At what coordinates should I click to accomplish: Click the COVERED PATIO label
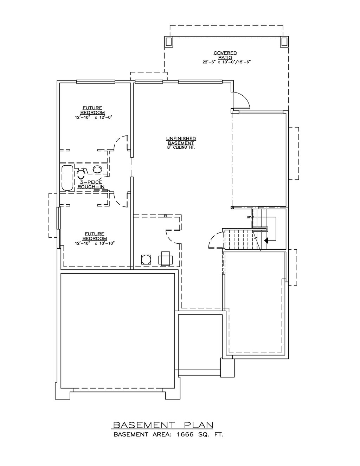pos(225,55)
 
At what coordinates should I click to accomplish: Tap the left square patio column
pos(169,42)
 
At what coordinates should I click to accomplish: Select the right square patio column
pos(284,42)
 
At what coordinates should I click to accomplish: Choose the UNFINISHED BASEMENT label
pos(181,141)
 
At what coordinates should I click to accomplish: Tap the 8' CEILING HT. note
pos(181,148)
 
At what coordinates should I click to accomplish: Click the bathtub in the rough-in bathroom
pos(67,178)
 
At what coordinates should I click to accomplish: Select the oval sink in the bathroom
pos(98,170)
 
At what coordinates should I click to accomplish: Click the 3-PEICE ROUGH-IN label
pos(91,184)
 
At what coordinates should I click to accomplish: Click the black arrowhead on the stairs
pos(266,241)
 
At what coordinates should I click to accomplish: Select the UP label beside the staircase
pos(249,217)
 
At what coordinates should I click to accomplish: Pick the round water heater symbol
pos(146,260)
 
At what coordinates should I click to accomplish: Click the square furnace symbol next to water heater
pos(166,258)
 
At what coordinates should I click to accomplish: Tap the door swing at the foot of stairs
pos(215,241)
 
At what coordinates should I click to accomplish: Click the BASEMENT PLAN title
pos(162,425)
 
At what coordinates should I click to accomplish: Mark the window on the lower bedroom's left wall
pos(59,218)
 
